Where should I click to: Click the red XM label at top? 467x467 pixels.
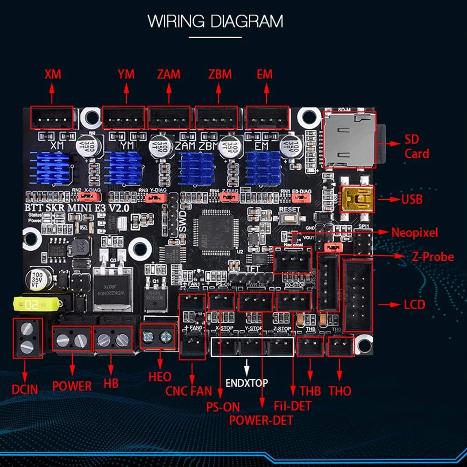(53, 74)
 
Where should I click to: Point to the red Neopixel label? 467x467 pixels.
(415, 232)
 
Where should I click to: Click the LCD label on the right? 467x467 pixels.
(414, 305)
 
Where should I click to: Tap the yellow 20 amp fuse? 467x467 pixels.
(35, 305)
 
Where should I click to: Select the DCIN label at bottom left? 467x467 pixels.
(25, 389)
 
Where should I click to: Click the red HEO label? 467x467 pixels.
(160, 376)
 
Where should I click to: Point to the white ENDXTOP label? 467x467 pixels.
(247, 383)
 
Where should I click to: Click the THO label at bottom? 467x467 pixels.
(340, 390)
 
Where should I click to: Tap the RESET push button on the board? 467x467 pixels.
(288, 217)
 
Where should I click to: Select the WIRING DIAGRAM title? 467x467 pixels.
(215, 21)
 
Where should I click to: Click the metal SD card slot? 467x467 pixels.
(348, 139)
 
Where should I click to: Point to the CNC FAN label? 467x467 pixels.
(189, 390)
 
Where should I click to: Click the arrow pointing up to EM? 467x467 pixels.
(266, 94)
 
